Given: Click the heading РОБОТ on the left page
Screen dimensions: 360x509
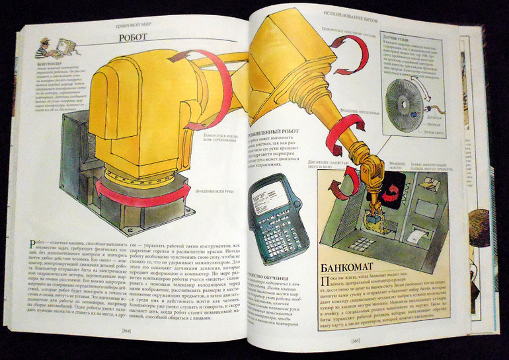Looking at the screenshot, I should coord(133,38).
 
